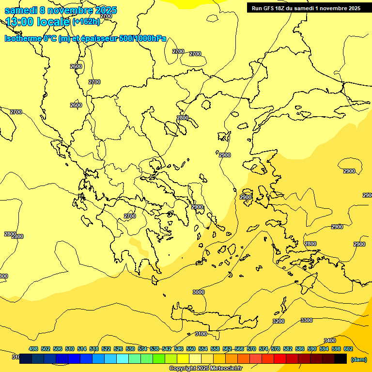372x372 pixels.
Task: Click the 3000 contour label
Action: pyautogui.click(x=199, y=292)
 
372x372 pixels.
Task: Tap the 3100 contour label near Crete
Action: pyautogui.click(x=201, y=334)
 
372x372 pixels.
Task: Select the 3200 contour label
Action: pyautogui.click(x=279, y=321)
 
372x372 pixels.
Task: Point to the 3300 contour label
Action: pyautogui.click(x=307, y=320)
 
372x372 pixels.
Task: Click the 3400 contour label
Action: pyautogui.click(x=330, y=341)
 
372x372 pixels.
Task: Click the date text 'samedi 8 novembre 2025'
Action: pyautogui.click(x=61, y=10)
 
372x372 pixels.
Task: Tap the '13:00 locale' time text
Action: pyautogui.click(x=38, y=21)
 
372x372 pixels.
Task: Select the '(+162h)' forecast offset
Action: pyautogui.click(x=86, y=21)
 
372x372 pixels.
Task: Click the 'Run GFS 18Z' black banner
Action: pyautogui.click(x=306, y=8)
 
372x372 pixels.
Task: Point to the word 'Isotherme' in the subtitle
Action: pyautogui.click(x=23, y=39)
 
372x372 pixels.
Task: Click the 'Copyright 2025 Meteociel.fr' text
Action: pyautogui.click(x=206, y=369)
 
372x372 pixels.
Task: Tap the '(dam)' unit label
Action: pyautogui.click(x=358, y=359)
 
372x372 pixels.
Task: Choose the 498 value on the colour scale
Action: pyautogui.click(x=33, y=349)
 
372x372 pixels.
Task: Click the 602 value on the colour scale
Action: pyautogui.click(x=348, y=349)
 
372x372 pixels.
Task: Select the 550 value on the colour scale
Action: pyautogui.click(x=191, y=349)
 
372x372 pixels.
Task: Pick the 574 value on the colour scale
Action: pyautogui.click(x=263, y=349)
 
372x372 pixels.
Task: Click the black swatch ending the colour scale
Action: pyautogui.click(x=341, y=359)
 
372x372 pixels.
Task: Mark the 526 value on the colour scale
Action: pyautogui.click(x=118, y=349)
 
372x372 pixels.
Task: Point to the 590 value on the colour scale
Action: pyautogui.click(x=312, y=349)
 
